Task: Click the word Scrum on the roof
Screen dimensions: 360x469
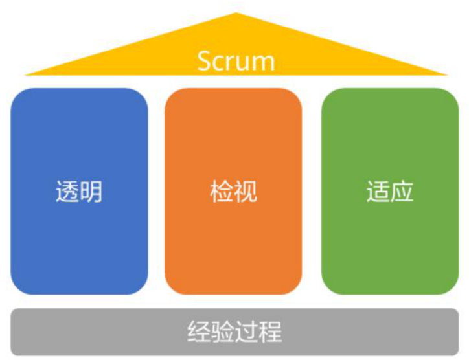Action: click(x=236, y=61)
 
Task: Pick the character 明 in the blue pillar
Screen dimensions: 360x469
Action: click(x=91, y=192)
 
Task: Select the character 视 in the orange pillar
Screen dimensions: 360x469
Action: click(x=246, y=192)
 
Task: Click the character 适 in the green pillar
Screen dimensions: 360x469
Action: click(x=378, y=192)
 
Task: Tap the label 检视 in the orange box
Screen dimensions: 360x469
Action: click(x=234, y=192)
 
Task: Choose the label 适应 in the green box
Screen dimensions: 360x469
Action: click(x=390, y=192)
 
